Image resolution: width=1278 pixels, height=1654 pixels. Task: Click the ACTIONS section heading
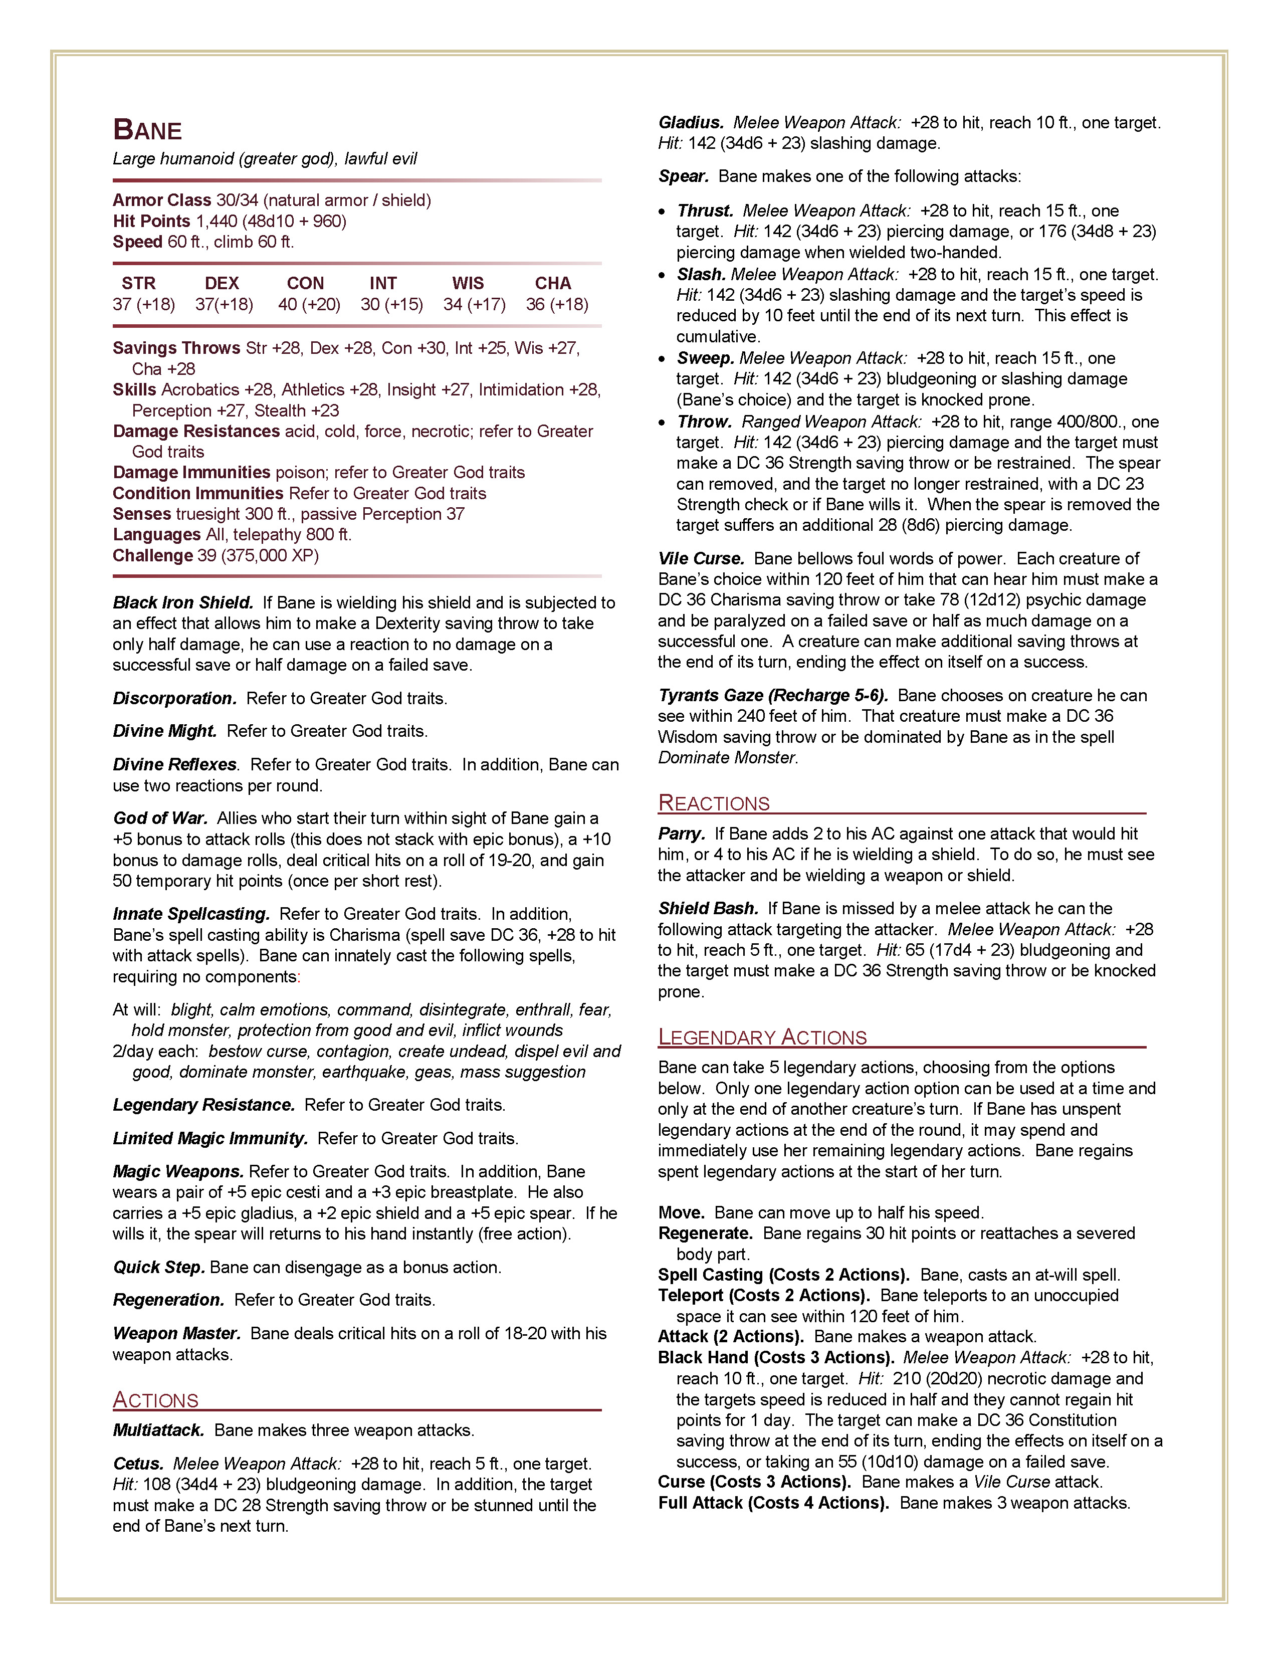(155, 1399)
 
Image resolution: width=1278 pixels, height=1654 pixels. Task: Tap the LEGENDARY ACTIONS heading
(762, 1037)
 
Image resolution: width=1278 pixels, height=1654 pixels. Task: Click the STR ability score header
(138, 283)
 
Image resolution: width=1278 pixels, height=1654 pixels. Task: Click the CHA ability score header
(553, 283)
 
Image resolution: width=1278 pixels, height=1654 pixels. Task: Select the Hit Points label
(151, 221)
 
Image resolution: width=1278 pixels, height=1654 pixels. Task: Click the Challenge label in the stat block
(153, 555)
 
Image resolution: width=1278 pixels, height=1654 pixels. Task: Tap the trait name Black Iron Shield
(182, 603)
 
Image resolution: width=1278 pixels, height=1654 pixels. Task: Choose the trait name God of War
(160, 818)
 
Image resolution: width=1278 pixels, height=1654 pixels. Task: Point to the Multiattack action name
(158, 1430)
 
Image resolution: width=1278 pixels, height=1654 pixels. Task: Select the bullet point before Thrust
(663, 212)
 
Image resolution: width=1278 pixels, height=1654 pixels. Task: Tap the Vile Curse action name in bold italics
(701, 559)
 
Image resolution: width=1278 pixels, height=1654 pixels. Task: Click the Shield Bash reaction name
(708, 908)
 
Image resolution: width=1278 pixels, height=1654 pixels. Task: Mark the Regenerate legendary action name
(705, 1233)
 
